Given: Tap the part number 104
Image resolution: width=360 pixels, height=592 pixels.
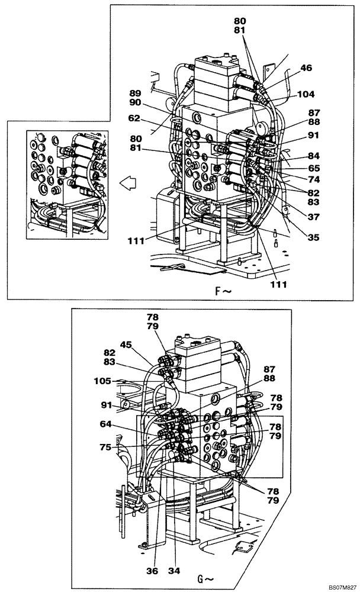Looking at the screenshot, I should click(306, 94).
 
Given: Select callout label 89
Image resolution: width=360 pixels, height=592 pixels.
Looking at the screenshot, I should click(134, 93).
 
